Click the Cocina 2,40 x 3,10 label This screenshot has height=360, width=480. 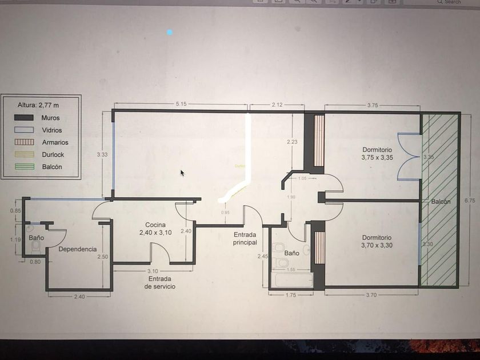tap(155, 229)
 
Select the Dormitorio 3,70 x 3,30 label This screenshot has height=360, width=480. tap(380, 241)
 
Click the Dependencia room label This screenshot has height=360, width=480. tap(77, 249)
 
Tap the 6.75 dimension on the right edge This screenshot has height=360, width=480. tap(469, 201)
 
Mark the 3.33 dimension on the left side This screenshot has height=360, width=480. tap(102, 154)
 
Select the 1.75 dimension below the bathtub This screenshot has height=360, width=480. tap(291, 295)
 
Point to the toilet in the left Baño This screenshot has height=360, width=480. tap(37, 245)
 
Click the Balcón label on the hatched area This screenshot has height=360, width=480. tap(441, 202)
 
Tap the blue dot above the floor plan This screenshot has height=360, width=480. tap(170, 33)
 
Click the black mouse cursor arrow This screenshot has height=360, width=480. tap(182, 173)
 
